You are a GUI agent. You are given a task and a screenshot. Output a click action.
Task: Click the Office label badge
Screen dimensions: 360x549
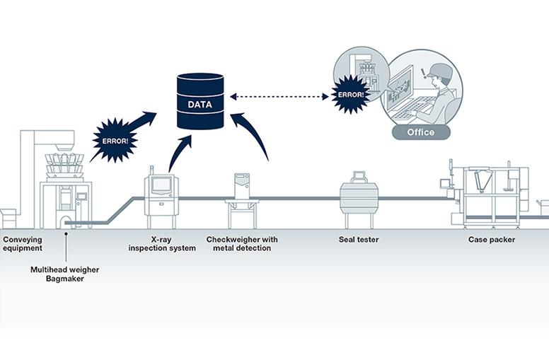(x=420, y=132)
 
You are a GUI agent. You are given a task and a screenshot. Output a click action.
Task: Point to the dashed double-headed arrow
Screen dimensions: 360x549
(x=280, y=96)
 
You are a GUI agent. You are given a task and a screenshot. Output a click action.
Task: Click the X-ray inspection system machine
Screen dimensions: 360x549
(x=161, y=192)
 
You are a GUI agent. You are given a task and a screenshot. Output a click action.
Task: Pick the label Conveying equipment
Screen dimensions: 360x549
(x=23, y=244)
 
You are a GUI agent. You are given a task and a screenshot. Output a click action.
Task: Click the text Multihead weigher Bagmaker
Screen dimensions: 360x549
(x=64, y=274)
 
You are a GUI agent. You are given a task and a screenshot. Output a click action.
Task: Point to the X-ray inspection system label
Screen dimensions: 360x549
(x=162, y=244)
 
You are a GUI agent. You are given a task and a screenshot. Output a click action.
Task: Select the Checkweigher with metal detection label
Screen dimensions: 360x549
(x=242, y=244)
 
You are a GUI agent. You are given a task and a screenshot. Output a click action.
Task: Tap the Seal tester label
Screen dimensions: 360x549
(x=359, y=240)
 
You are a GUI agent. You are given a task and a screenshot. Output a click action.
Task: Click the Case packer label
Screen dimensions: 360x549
(x=491, y=240)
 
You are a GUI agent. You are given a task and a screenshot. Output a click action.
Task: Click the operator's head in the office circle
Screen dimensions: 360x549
(x=439, y=74)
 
